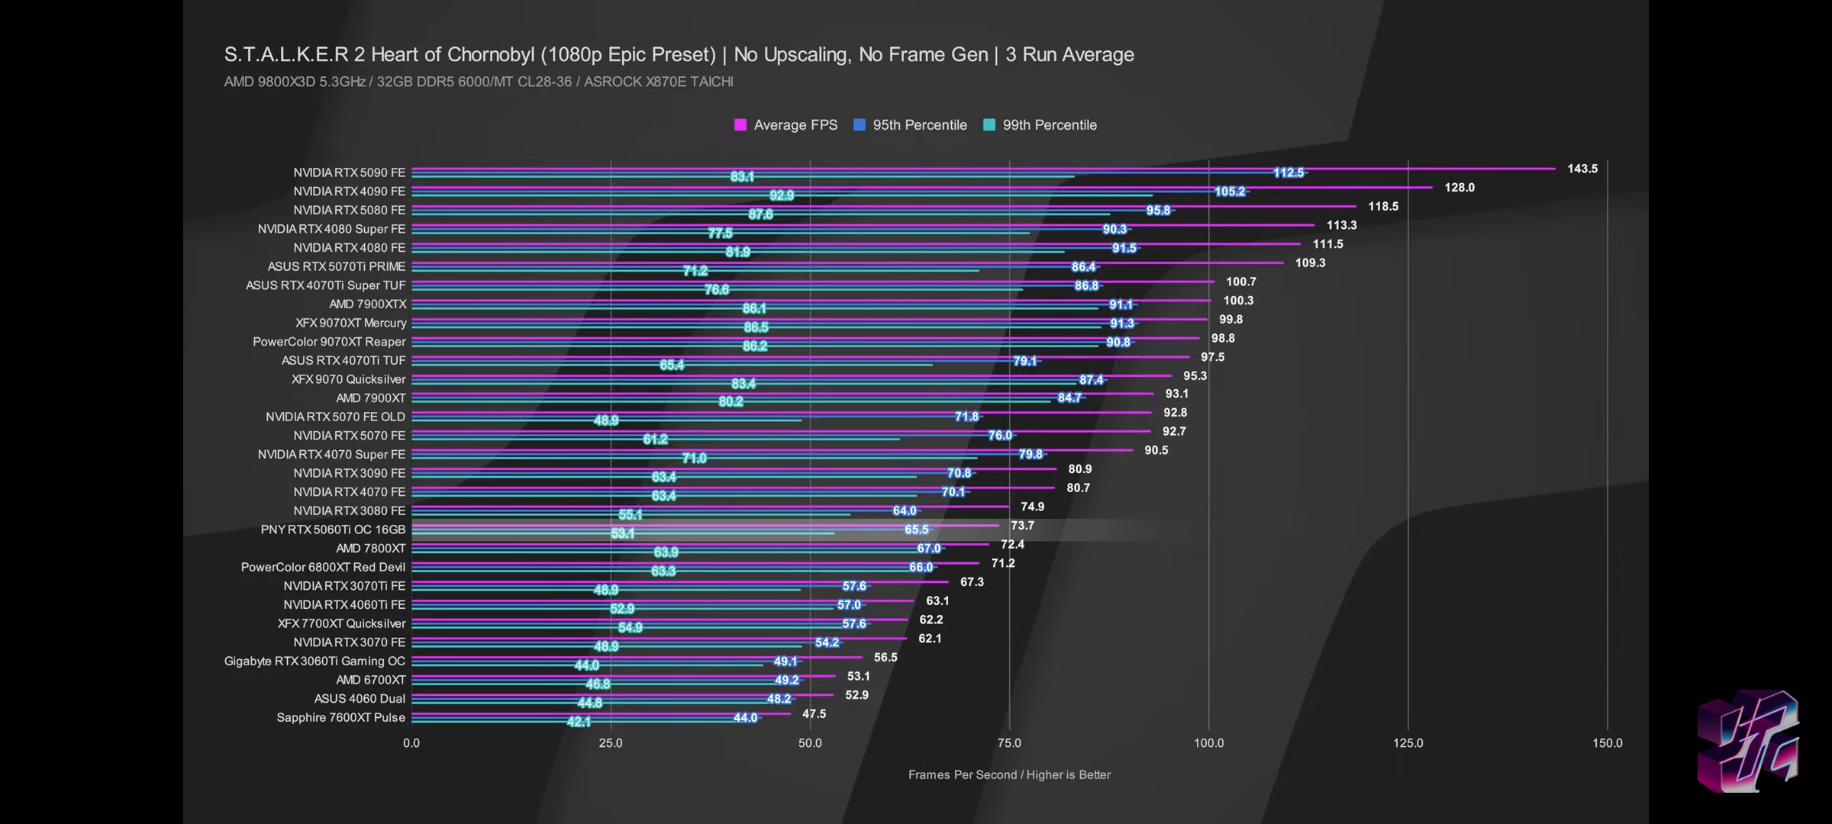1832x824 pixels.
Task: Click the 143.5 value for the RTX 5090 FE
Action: (1582, 169)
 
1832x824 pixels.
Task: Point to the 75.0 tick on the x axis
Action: (1009, 743)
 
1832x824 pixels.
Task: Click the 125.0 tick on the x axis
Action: (1408, 743)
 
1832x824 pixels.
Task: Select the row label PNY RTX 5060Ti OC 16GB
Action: (333, 529)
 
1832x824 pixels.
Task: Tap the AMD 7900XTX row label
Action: (368, 304)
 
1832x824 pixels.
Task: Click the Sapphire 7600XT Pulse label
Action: (340, 718)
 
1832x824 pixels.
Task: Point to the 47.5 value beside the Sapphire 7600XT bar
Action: (814, 714)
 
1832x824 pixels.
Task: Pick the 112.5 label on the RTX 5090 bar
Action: (1289, 173)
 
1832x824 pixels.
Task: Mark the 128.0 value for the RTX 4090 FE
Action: (1459, 188)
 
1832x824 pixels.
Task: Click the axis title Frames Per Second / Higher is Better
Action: (1009, 775)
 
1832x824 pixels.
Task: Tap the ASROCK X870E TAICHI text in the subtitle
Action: (658, 82)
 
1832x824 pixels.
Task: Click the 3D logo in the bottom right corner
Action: (1748, 742)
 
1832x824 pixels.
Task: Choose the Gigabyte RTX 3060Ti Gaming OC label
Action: (314, 661)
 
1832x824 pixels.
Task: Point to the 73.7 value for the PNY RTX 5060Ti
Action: (1022, 526)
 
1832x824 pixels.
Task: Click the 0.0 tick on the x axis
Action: (411, 743)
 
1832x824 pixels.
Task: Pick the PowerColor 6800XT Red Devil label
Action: (323, 568)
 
